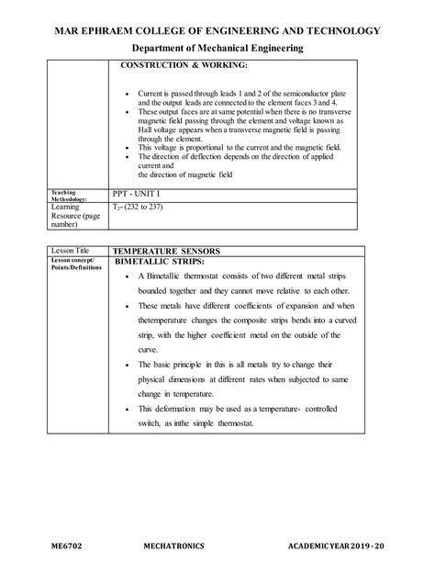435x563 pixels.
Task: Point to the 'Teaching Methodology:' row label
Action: pyautogui.click(x=68, y=196)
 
